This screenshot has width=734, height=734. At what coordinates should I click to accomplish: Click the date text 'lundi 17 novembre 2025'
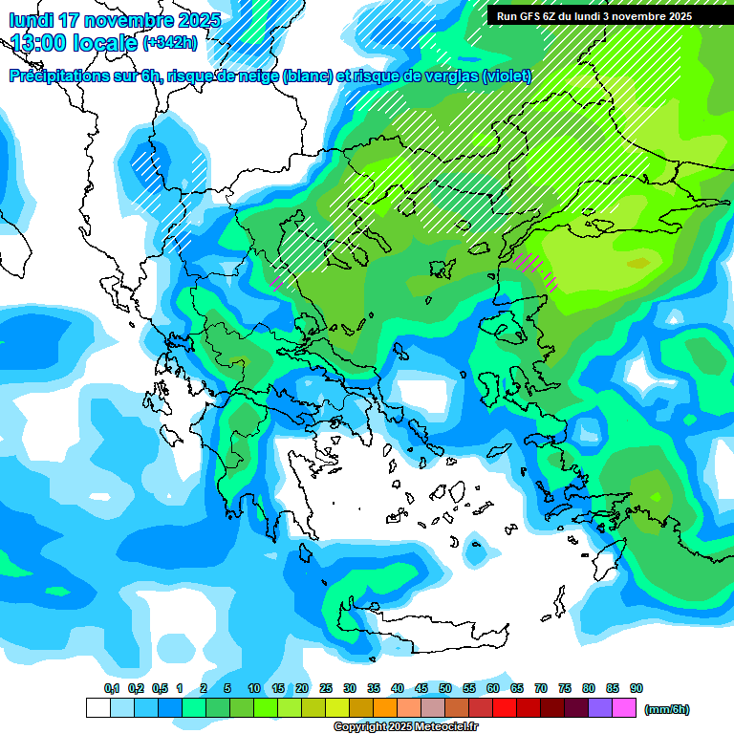tap(115, 20)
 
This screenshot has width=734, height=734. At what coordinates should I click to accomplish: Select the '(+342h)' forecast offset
tap(170, 43)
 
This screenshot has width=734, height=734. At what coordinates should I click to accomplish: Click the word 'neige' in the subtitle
tap(256, 76)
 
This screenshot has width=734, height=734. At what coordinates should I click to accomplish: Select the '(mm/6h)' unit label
tap(667, 709)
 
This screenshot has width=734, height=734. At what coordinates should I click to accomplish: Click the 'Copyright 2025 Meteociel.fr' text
tap(405, 727)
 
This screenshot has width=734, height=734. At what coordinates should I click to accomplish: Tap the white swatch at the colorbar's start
tap(97, 708)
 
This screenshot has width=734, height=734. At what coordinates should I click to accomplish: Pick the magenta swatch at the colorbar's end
tap(624, 708)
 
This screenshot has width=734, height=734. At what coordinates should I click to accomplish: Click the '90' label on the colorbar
tap(637, 688)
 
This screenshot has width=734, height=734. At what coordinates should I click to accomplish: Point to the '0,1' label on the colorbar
tap(112, 688)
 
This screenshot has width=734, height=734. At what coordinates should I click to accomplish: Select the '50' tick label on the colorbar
tap(445, 688)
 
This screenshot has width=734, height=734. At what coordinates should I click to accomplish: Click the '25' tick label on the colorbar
tap(326, 688)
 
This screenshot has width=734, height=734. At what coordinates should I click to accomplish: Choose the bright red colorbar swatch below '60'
tap(505, 708)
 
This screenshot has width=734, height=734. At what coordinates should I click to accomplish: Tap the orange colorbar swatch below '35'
tap(385, 708)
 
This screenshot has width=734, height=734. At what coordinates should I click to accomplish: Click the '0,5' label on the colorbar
tap(160, 688)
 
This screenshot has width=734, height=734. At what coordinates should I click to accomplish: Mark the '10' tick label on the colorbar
tap(254, 688)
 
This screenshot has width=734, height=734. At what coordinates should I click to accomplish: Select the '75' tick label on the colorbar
tap(565, 688)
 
